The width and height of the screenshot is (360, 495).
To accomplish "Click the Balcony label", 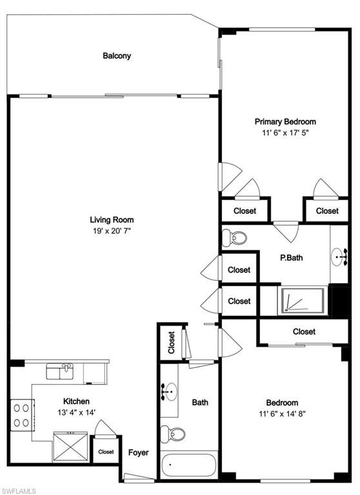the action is coord(117,56).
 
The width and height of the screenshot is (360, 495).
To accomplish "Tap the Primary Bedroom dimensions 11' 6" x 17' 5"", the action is coord(285,133).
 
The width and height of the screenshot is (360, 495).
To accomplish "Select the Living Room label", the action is coord(112,220).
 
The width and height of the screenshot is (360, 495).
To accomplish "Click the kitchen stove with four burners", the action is coord(23,415).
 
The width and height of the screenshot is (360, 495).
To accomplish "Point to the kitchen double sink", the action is coord(60,371).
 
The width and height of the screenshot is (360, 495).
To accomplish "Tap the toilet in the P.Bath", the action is coord(234,238).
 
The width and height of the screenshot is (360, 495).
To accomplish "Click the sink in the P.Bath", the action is coord(339,257).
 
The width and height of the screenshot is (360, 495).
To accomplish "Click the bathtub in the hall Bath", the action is coord(188,465).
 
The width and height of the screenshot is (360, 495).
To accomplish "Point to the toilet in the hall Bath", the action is coord(172,434).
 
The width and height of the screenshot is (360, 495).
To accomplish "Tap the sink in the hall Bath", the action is coord(169,392).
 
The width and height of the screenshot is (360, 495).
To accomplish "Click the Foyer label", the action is coord(139,452).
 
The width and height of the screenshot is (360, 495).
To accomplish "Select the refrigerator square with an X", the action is coord(70,447).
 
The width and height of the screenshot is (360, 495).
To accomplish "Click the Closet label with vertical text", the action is coord(172,342).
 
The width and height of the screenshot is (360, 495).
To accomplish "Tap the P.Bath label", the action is coord(292,258).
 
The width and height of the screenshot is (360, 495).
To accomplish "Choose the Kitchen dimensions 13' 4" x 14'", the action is coord(77,412).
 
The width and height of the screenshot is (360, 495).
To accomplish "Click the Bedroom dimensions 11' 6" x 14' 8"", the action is coord(282,414).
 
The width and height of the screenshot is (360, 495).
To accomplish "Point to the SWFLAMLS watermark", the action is coord(18,491).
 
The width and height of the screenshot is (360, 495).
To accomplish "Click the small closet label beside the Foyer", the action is coord(106,452).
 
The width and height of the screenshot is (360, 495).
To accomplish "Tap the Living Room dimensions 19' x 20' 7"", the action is coord(112,231).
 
